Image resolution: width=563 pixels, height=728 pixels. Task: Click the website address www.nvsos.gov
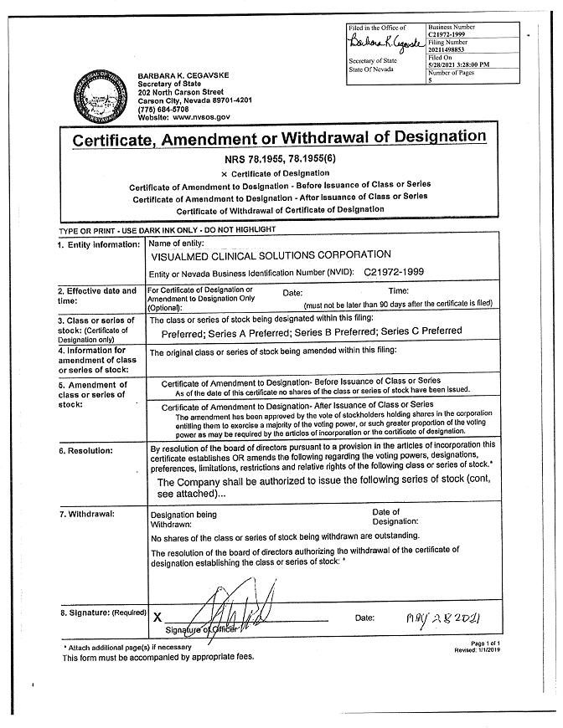coord(188,117)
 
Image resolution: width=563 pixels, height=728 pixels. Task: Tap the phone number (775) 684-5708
coord(163,109)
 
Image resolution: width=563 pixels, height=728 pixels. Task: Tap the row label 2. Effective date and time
coord(96,295)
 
